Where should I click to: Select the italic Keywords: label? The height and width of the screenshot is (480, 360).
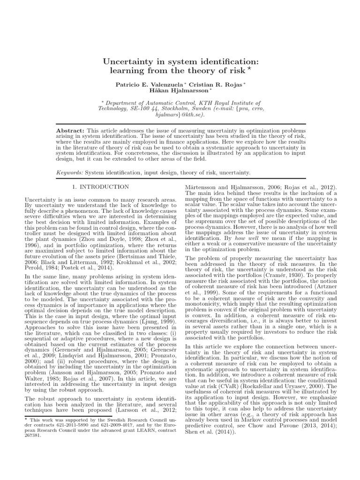click(69, 172)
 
